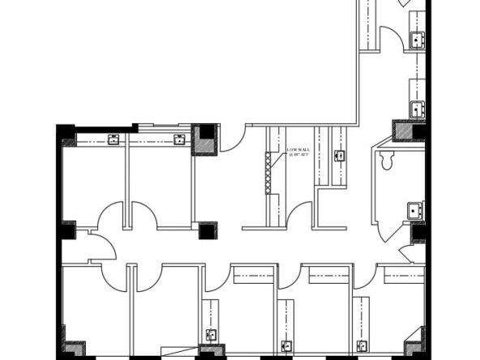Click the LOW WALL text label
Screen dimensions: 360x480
298,152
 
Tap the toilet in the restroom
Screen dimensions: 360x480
388,161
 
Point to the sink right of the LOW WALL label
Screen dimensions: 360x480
340,155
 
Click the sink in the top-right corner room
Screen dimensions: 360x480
417,38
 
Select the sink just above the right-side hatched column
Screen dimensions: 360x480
417,108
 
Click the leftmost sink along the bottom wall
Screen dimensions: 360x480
211,333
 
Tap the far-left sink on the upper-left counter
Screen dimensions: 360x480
114,139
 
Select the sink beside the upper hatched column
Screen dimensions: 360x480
179,139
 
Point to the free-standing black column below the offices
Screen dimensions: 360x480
208,229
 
